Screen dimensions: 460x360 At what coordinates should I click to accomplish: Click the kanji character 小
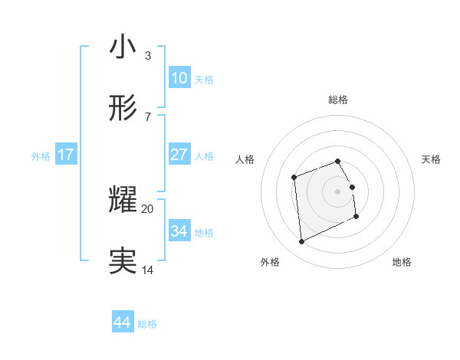coord(123,47)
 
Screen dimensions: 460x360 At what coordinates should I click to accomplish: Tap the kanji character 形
coord(123,109)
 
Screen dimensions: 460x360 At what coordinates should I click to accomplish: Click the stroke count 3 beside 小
coord(147,56)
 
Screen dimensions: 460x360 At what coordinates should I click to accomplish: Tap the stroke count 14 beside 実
coord(147,270)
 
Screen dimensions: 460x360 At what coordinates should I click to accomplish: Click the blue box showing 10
coord(179,78)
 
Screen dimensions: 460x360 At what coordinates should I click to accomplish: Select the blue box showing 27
coord(179,155)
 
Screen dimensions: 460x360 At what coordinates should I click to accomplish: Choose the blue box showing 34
coord(179,231)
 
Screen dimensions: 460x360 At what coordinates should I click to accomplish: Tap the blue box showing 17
coord(65,155)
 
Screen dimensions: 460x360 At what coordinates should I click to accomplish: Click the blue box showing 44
coord(122,322)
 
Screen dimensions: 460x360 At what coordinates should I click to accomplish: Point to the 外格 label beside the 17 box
coord(41,156)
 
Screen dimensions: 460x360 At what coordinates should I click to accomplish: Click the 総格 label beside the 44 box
coord(147,324)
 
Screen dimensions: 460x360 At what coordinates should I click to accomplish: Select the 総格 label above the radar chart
coord(338,100)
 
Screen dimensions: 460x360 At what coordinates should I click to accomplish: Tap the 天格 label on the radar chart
coord(432,159)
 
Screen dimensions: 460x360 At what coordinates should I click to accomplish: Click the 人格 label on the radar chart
coord(245,159)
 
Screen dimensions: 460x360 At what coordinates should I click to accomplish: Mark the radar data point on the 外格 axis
coord(301,242)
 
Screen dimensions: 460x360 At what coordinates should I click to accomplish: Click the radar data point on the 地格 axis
coord(356,217)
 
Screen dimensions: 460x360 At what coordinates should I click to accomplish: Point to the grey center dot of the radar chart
coord(338,191)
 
